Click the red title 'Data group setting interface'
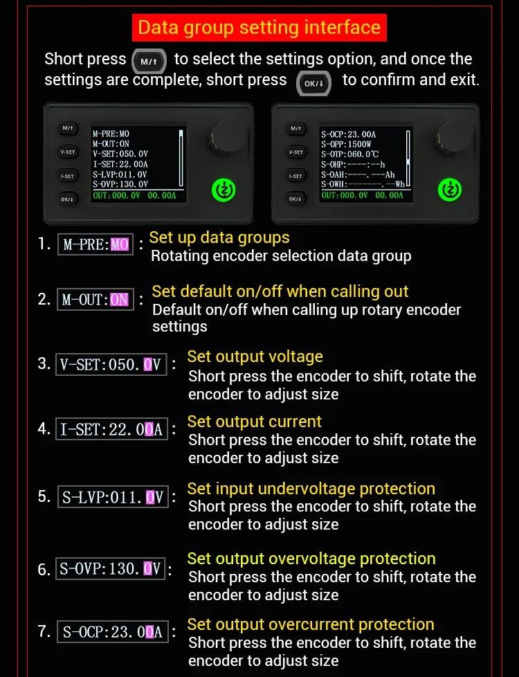(x=259, y=27)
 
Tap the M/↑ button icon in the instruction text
(x=149, y=62)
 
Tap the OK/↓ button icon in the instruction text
(x=313, y=83)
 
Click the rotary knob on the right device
(x=452, y=136)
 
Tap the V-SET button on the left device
(x=67, y=152)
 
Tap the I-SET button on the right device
(x=295, y=176)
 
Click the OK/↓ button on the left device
(x=67, y=199)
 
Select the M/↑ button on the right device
(x=295, y=128)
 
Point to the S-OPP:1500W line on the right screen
(x=346, y=144)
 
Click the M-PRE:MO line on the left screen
(x=111, y=134)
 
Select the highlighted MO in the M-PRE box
(x=120, y=245)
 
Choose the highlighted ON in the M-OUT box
(x=119, y=299)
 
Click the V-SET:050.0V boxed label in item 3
(x=111, y=364)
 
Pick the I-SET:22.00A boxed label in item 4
(x=111, y=429)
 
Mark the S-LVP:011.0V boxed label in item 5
(x=113, y=496)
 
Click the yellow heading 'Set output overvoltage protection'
(x=311, y=558)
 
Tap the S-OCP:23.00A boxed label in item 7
(x=112, y=632)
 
